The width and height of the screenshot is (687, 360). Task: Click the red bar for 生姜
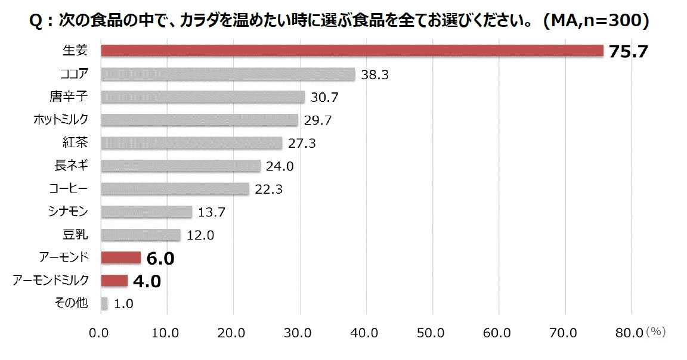352,51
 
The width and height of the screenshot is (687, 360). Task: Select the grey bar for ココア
228,74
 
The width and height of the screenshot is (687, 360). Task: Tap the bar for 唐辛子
203,97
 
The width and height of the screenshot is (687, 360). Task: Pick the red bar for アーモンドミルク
114,280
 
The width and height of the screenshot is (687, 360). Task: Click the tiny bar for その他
104,303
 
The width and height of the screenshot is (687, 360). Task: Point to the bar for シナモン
147,212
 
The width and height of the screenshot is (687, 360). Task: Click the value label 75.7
628,52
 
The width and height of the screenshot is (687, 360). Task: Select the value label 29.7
317,120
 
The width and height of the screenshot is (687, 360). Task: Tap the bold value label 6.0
159,258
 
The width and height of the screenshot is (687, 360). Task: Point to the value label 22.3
268,190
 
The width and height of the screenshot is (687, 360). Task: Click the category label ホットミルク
61,120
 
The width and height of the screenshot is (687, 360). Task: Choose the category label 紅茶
75,142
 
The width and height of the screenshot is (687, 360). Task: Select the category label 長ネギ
71,165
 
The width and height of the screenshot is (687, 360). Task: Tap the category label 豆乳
75,234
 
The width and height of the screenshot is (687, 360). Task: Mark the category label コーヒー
69,188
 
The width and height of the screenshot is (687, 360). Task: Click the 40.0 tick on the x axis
366,333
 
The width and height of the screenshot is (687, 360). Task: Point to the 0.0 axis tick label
101,333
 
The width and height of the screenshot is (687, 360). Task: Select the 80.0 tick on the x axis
630,333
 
